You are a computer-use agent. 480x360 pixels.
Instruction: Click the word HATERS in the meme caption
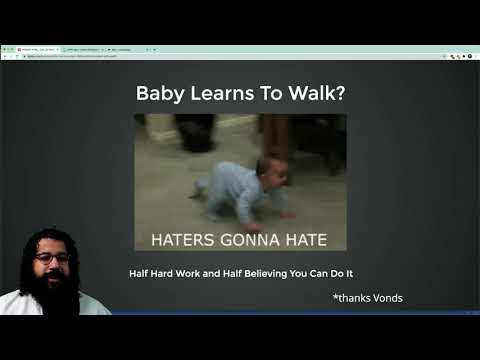182,240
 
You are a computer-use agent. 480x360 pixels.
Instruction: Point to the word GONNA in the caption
245,240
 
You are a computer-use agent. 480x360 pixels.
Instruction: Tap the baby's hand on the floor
287,214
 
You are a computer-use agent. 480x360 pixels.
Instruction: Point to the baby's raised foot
199,187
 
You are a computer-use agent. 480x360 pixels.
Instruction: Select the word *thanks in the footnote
351,298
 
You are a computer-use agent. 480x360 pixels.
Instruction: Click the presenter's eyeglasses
52,258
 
